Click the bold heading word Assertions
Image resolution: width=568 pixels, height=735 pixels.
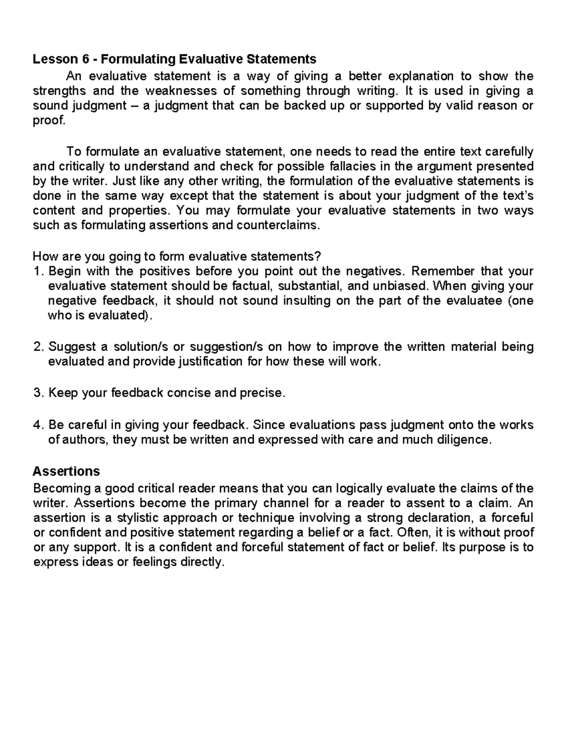point(66,471)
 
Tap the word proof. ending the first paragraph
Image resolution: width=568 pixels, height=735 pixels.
point(48,120)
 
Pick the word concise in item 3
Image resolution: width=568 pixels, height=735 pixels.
point(189,393)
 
